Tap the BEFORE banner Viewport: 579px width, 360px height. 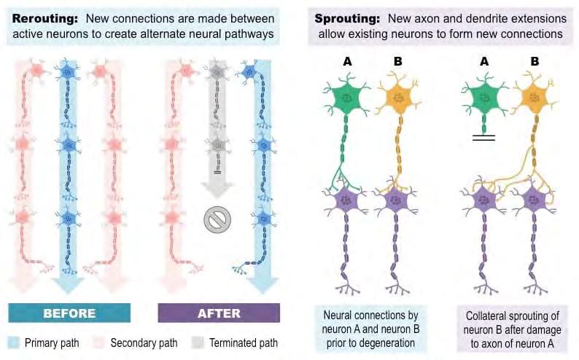69,313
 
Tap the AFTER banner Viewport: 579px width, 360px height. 219,313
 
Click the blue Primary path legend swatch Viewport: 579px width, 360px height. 14,343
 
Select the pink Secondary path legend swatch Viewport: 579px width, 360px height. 97,343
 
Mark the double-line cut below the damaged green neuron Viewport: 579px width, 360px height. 483,137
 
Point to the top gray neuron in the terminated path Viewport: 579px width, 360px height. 216,72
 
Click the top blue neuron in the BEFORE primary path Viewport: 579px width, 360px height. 69,72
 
